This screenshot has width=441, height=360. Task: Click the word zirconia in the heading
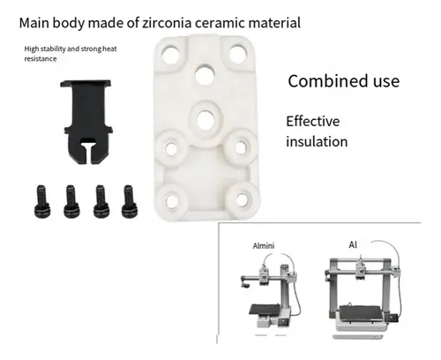click(x=167, y=23)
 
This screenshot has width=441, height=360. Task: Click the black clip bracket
click(x=86, y=122)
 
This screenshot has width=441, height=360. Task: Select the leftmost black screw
click(x=42, y=201)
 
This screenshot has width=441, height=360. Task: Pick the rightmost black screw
click(x=130, y=201)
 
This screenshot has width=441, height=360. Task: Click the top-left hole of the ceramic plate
click(x=171, y=55)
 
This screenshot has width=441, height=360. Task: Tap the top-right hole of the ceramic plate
click(x=237, y=54)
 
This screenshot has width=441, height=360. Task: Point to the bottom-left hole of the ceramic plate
click(x=172, y=201)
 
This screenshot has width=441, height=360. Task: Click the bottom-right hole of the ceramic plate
click(x=242, y=200)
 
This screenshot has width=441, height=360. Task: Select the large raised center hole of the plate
click(x=206, y=120)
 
